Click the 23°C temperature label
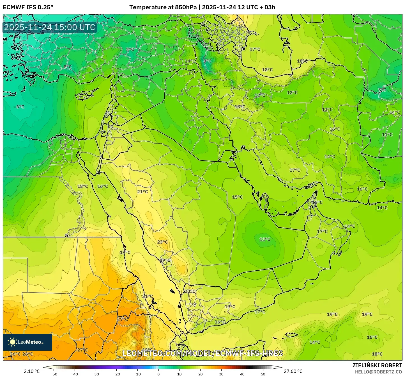[162, 242]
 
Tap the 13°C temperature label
[327, 110]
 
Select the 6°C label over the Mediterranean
[20, 107]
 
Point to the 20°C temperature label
[190, 291]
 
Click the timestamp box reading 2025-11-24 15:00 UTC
[50, 27]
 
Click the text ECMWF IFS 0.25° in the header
[28, 7]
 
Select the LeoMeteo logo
[27, 342]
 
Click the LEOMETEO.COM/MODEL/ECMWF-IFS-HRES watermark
[202, 353]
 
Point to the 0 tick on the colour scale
[158, 374]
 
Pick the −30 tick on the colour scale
[96, 374]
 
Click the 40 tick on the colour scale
[242, 374]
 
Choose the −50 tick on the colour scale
[54, 374]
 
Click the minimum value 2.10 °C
[32, 371]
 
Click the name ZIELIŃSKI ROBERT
[377, 365]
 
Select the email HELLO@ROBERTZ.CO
[378, 372]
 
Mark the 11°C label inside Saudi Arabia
[264, 239]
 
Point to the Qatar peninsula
[264, 200]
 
